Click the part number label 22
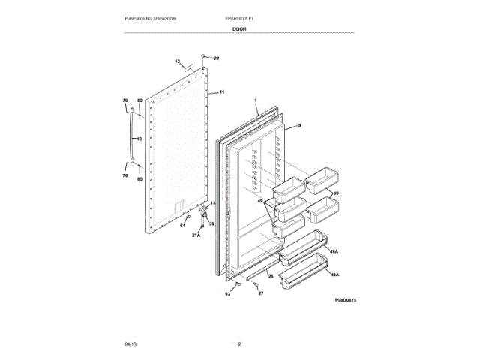coord(216,58)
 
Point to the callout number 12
coord(178,61)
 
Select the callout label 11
coord(222,91)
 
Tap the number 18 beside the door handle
coord(139,139)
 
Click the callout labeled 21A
coord(196,235)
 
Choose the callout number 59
coord(211,223)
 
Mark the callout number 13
coord(212,203)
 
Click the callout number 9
coord(298,126)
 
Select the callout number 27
coord(262,293)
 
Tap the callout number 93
coord(227,293)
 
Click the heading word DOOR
coord(239,28)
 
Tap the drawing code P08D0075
coord(340,298)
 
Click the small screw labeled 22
coord(203,55)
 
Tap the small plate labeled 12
coord(187,67)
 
